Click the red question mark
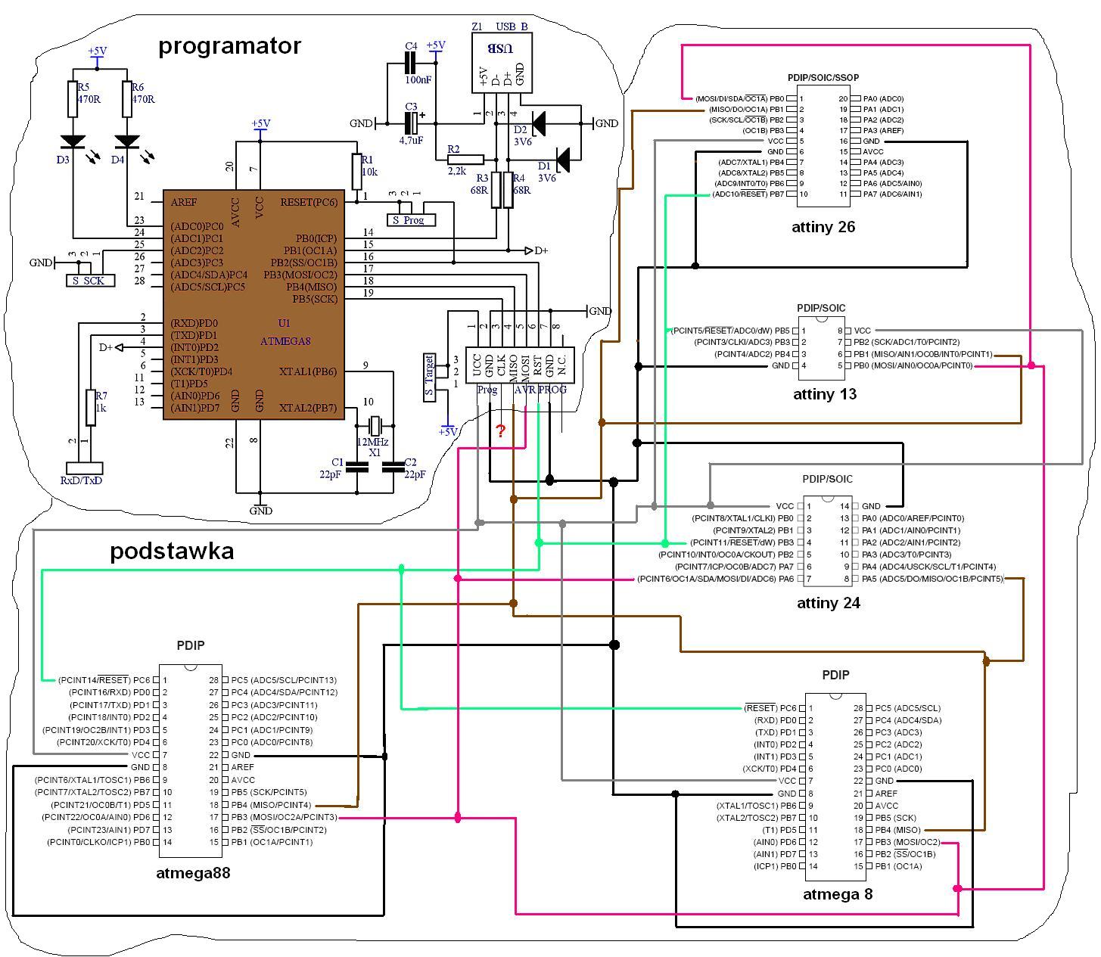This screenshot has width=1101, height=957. pyautogui.click(x=500, y=430)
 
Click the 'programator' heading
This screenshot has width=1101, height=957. pyautogui.click(x=229, y=46)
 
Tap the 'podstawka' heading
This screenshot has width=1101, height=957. pyautogui.click(x=172, y=551)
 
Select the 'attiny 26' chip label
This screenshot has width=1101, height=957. pyautogui.click(x=823, y=227)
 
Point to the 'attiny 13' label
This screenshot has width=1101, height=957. pyautogui.click(x=824, y=394)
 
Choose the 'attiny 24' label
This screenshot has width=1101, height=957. pyautogui.click(x=828, y=603)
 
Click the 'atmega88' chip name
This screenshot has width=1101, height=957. pyautogui.click(x=193, y=872)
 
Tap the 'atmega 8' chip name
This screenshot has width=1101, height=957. pyautogui.click(x=838, y=894)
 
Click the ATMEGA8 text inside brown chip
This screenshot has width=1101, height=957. pyautogui.click(x=285, y=341)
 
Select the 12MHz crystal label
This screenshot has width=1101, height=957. pyautogui.click(x=372, y=442)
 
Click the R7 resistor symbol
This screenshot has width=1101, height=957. pyautogui.click(x=91, y=408)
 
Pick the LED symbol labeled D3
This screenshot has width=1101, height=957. pyautogui.click(x=73, y=141)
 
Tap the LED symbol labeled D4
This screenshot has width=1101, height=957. pyautogui.click(x=127, y=141)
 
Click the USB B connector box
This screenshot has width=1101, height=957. pyautogui.click(x=502, y=62)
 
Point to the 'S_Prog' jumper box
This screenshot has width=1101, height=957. pyautogui.click(x=411, y=219)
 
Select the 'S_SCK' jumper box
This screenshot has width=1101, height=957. pyautogui.click(x=90, y=280)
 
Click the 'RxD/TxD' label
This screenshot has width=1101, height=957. pyautogui.click(x=81, y=480)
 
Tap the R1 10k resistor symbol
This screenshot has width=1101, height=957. pyautogui.click(x=356, y=172)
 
